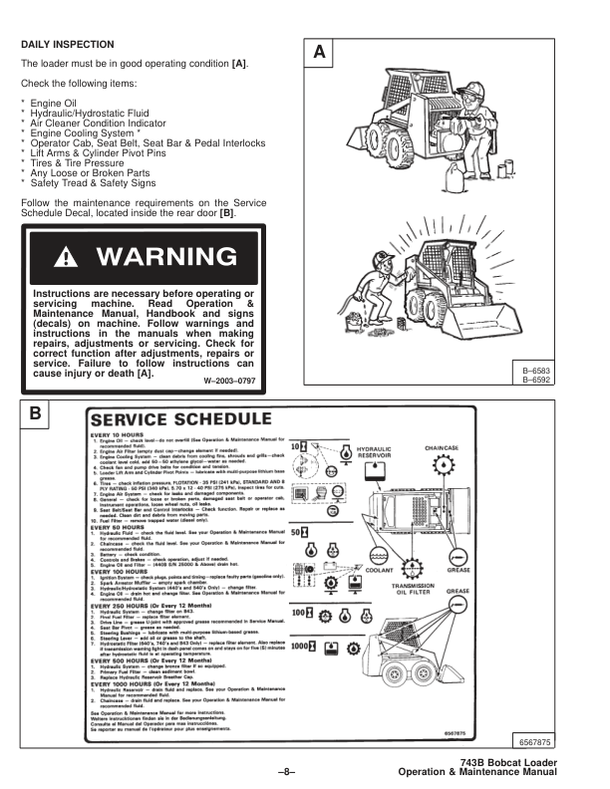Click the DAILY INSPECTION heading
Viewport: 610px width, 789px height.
68,45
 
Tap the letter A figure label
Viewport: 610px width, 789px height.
318,51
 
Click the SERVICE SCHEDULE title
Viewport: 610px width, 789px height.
180,418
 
